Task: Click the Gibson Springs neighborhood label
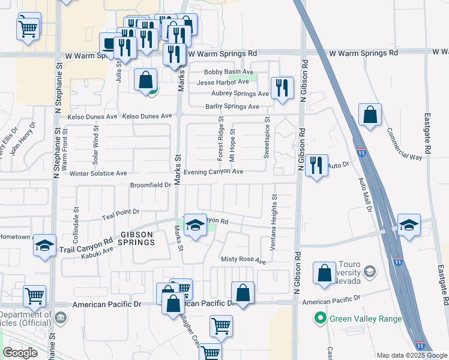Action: coord(130,238)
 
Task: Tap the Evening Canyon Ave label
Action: coord(213,172)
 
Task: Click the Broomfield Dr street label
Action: coord(151,185)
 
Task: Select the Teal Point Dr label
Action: coord(120,211)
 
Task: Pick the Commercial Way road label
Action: coord(404,144)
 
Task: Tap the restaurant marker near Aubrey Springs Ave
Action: coord(282,88)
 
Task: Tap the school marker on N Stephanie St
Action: coord(44,245)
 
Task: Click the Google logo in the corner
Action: coord(20,353)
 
